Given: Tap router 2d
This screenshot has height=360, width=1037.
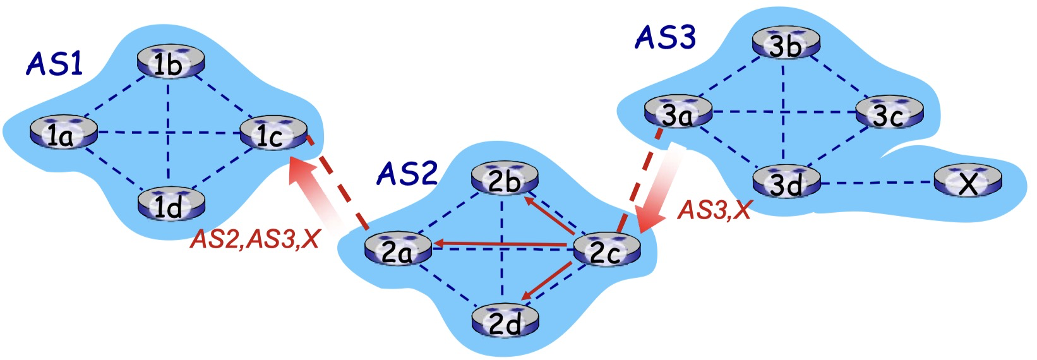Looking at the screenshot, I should click(x=505, y=322).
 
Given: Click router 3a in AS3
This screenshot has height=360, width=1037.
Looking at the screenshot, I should click(x=678, y=114).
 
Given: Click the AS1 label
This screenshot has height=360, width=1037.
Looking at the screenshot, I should click(x=54, y=64).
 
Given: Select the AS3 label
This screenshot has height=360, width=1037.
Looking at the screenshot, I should click(x=664, y=38).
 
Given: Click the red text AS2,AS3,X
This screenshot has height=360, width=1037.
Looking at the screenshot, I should click(x=255, y=239).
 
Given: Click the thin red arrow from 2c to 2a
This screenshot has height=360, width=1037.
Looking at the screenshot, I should click(x=499, y=243).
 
